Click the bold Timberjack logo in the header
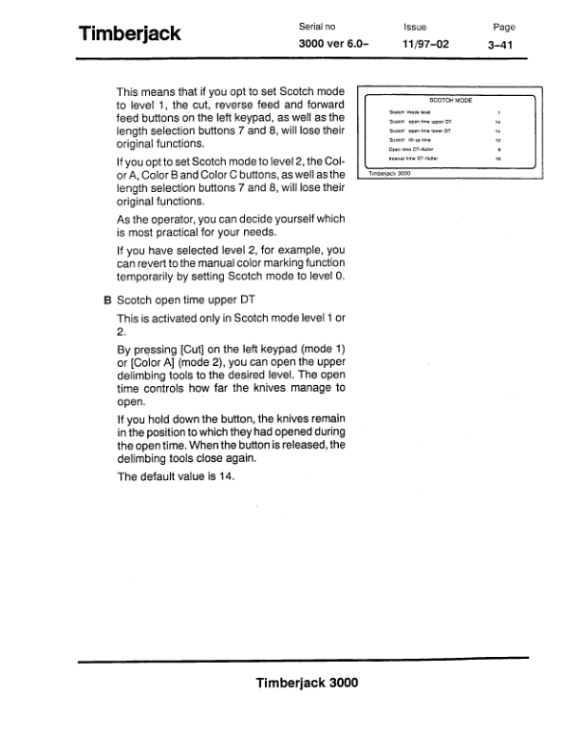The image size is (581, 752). click(x=130, y=35)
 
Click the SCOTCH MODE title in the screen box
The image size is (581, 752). click(x=451, y=99)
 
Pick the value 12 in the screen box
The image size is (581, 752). click(x=498, y=140)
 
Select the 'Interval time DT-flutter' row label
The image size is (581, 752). click(x=412, y=158)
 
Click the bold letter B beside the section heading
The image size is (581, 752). click(x=107, y=299)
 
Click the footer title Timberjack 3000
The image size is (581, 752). click(x=307, y=683)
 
